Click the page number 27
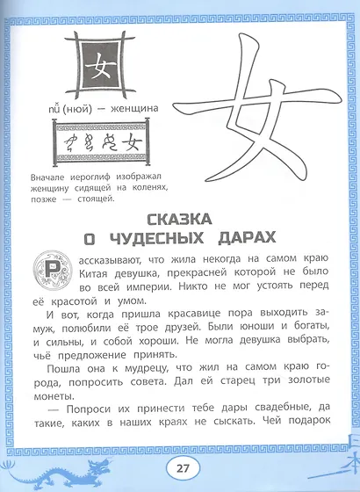tap(180, 468)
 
